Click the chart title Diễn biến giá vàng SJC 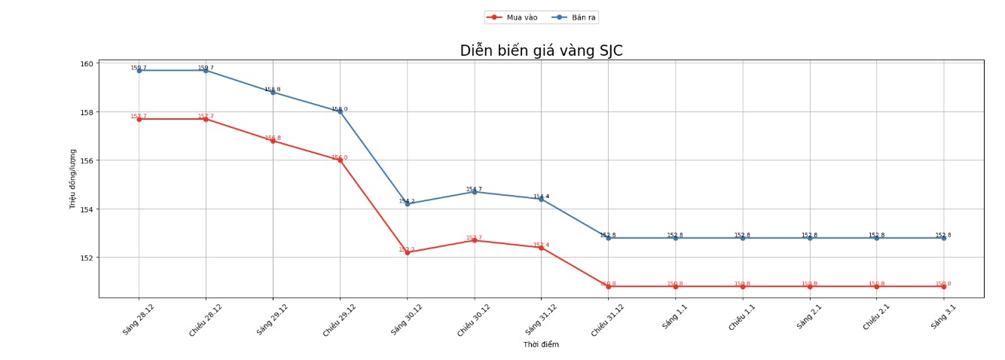(541, 51)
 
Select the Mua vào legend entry (512, 17)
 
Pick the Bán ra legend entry (575, 17)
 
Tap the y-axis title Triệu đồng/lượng (73, 179)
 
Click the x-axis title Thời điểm (541, 344)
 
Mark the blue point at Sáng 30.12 (408, 203)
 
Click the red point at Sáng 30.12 (408, 252)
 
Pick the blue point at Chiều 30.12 (475, 192)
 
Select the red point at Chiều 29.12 (341, 160)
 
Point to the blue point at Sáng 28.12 (139, 71)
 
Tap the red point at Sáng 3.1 (943, 286)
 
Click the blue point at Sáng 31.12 (541, 199)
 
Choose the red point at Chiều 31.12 (609, 286)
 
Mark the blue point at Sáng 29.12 (273, 92)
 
